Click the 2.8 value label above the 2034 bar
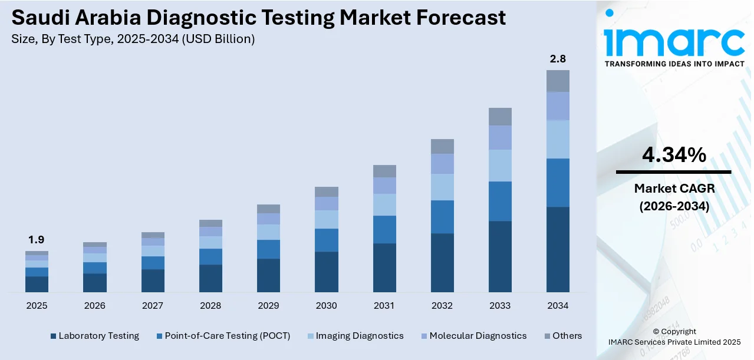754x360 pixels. click(558, 59)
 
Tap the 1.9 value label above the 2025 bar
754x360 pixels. click(37, 240)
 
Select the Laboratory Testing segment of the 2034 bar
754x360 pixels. click(558, 249)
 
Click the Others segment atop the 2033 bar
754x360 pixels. click(500, 117)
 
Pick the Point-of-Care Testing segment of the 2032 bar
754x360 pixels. click(442, 217)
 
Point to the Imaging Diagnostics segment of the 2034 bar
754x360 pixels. click(558, 139)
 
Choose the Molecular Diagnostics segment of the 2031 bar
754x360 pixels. click(384, 186)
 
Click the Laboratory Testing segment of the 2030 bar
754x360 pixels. click(326, 272)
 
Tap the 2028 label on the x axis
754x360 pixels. click(210, 306)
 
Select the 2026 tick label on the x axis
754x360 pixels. click(94, 306)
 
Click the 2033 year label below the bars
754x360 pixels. click(500, 306)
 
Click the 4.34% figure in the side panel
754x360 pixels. click(674, 155)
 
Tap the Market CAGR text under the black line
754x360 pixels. click(674, 189)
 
